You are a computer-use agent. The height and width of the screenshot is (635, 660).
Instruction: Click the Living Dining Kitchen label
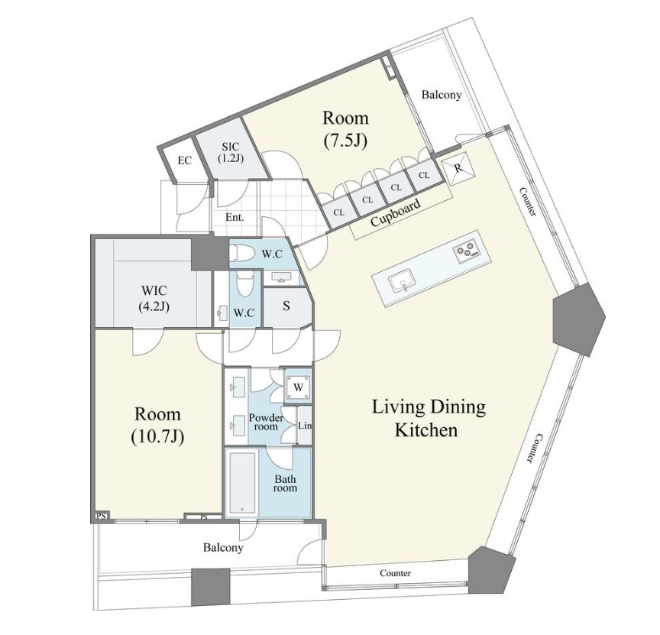tap(428, 419)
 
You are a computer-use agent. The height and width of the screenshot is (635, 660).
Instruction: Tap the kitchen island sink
tap(402, 282)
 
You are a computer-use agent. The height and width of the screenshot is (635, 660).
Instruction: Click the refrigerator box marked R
tap(458, 168)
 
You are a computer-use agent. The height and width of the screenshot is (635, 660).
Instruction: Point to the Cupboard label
tap(395, 212)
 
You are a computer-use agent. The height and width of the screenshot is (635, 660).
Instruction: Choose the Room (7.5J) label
tap(345, 129)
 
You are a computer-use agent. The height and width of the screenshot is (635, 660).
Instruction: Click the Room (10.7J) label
tap(157, 426)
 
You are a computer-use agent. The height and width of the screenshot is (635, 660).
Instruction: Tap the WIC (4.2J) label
tap(154, 298)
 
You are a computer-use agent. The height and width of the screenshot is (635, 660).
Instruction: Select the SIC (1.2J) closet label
tap(231, 152)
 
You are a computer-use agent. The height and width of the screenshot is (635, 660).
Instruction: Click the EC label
tap(184, 160)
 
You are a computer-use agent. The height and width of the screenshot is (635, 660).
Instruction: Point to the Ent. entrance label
tap(235, 217)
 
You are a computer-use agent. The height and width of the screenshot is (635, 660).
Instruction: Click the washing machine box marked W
tap(299, 387)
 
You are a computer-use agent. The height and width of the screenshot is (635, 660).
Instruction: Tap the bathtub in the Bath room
tap(242, 483)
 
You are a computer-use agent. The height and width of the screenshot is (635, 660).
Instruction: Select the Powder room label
tap(266, 422)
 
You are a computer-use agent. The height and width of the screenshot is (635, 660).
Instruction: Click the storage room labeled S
tap(286, 306)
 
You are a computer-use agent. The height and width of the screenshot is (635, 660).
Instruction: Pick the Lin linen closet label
tap(305, 426)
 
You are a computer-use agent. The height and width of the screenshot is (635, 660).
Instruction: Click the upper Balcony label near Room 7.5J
tap(442, 95)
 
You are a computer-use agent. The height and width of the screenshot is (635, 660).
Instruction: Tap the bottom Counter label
tap(395, 572)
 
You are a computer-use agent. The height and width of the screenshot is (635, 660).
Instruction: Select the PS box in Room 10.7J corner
tap(101, 515)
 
